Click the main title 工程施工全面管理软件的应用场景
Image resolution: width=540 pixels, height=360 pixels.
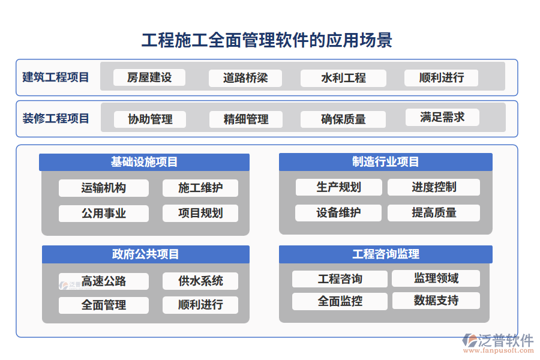(x=266, y=40)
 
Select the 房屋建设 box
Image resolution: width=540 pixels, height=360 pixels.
(x=149, y=77)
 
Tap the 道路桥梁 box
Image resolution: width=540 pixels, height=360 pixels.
(x=245, y=78)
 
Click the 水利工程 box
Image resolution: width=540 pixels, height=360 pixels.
(x=343, y=78)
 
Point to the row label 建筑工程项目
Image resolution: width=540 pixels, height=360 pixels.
(x=56, y=77)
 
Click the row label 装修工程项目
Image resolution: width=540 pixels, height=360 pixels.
(x=56, y=118)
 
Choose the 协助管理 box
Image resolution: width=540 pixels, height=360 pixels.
(x=150, y=119)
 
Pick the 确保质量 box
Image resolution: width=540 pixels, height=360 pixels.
(x=343, y=119)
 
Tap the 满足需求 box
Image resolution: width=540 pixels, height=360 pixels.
(x=442, y=117)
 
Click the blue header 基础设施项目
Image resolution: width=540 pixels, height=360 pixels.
(x=144, y=162)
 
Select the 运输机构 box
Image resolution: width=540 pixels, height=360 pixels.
(x=104, y=188)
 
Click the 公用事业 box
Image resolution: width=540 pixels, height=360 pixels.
(x=104, y=213)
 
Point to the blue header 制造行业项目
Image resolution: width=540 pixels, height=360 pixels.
(x=385, y=162)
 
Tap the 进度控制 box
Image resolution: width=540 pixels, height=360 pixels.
(x=434, y=187)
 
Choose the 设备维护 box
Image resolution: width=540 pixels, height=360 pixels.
(x=338, y=212)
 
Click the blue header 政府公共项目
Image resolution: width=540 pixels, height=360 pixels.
(x=145, y=254)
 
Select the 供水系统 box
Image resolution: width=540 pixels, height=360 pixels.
(x=200, y=281)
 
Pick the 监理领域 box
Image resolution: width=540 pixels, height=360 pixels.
(x=436, y=278)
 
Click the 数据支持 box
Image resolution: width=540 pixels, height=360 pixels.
(x=436, y=301)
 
